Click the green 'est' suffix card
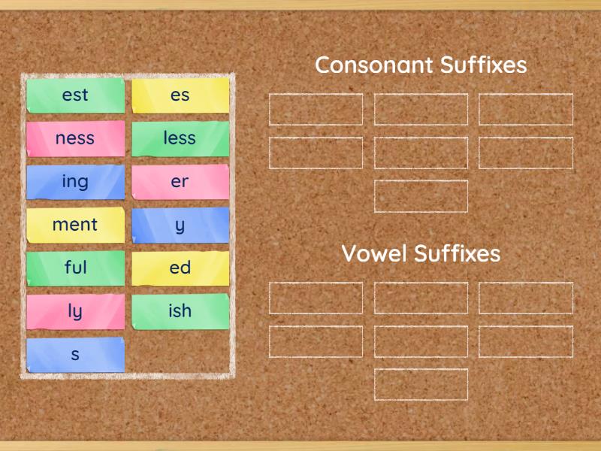click(75, 95)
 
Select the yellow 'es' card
click(180, 95)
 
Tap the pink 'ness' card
click(75, 138)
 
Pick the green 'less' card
click(180, 138)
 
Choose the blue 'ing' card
click(75, 182)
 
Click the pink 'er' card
click(180, 182)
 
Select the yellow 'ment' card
click(75, 225)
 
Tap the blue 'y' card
click(180, 225)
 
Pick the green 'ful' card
click(75, 268)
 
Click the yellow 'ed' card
click(180, 268)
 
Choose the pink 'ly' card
click(75, 311)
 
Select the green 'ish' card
click(180, 311)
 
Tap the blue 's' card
click(75, 354)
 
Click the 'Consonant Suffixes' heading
click(421, 65)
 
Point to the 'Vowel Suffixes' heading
click(421, 254)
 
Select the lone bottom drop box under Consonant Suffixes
click(421, 196)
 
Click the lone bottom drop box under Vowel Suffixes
click(421, 385)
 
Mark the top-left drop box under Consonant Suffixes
click(316, 110)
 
